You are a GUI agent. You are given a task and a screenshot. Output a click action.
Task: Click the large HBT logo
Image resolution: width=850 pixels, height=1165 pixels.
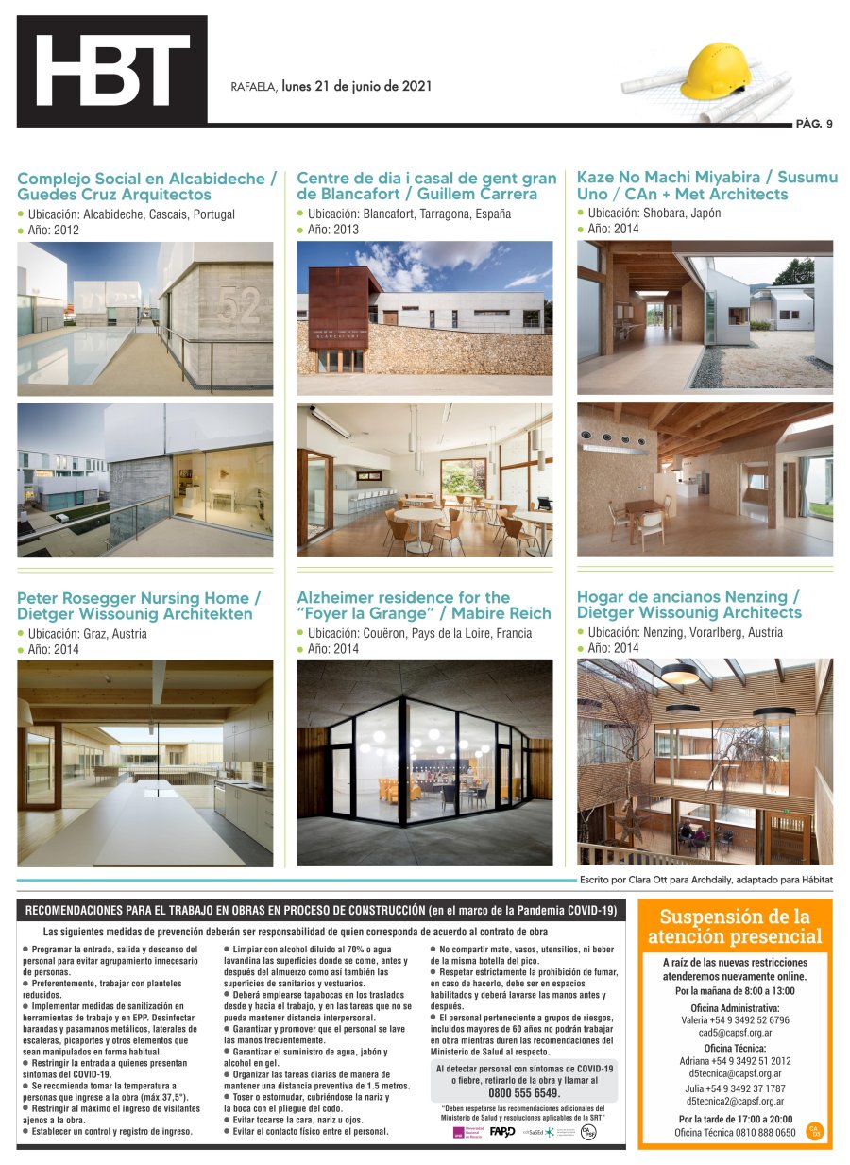coord(111,71)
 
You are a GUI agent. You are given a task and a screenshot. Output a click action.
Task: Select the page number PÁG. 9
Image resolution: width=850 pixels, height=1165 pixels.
coord(814,124)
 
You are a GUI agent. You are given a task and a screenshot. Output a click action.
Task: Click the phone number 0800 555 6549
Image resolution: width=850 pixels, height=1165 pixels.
coord(523,1092)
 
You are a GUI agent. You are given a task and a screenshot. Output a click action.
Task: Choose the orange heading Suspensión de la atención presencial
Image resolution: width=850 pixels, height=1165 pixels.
coord(735,926)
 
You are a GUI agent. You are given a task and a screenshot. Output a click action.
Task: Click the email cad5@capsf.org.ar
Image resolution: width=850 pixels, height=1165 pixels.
coord(735,1034)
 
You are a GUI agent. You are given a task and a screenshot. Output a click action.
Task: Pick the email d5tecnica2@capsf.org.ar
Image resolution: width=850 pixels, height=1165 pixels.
coord(735,1102)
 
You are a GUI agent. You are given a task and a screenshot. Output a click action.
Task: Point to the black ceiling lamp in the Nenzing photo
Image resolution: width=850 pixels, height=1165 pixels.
coord(679,673)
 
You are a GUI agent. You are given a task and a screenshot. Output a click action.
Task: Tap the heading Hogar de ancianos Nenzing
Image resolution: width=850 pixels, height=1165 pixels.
coord(688,597)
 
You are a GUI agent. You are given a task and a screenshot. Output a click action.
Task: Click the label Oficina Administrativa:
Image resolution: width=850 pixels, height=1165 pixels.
coord(735,1007)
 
